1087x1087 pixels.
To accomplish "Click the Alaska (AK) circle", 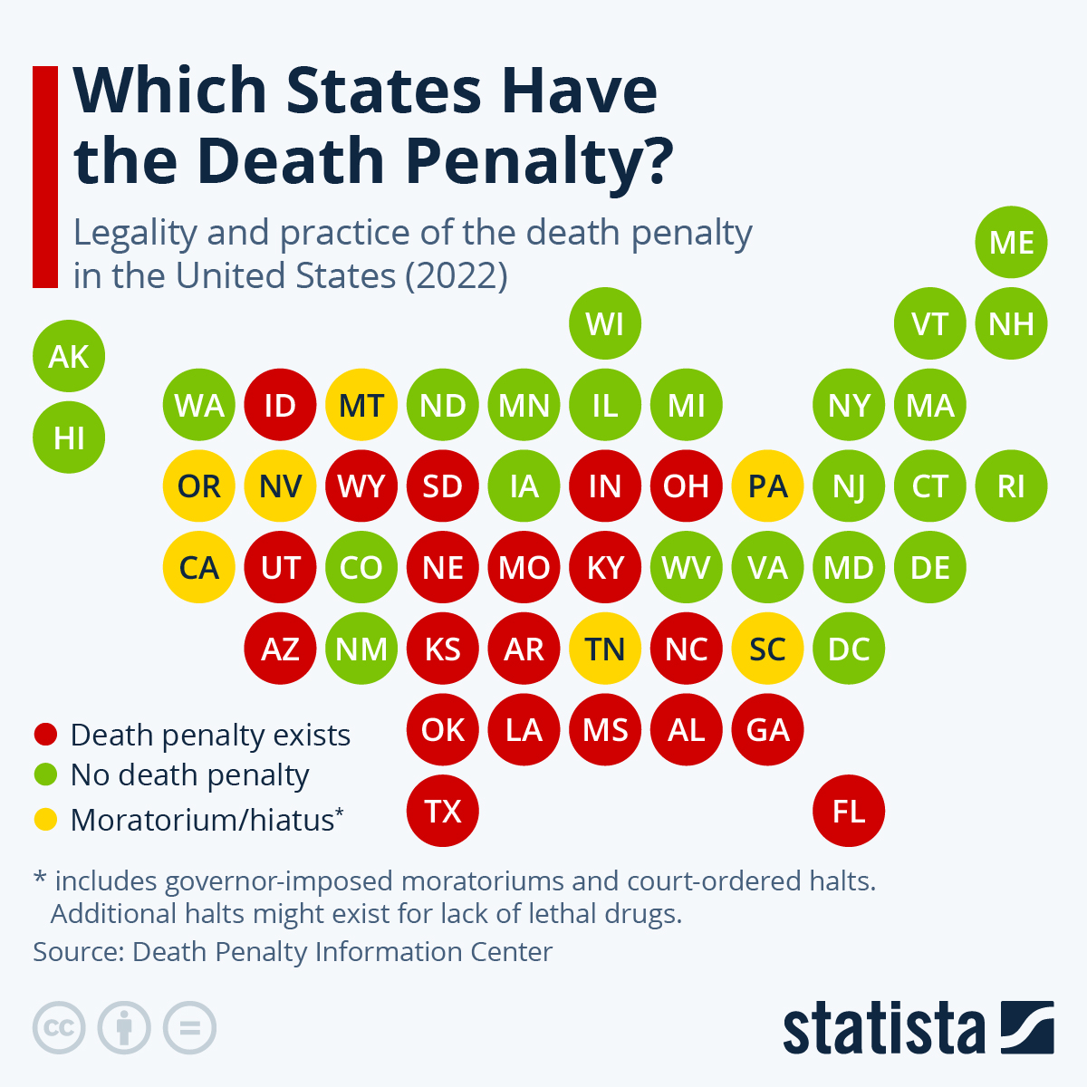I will [69, 356].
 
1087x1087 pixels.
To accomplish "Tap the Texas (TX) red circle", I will [443, 811].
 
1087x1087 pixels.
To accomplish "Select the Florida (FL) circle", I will [849, 811].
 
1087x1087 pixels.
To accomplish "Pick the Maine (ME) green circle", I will [1011, 243].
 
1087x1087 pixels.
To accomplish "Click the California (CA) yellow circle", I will [199, 568].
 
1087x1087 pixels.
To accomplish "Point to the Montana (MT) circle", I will [361, 405].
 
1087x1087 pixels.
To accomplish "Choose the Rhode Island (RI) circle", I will [1011, 486].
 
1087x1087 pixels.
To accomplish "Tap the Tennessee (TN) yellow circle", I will [605, 649].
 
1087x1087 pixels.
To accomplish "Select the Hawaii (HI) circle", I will [69, 438].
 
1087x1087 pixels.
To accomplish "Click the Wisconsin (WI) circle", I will [605, 323].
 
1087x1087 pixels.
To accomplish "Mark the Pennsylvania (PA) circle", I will [767, 486].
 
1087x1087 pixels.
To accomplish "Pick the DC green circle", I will [849, 649].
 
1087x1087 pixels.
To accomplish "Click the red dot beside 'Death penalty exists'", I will [45, 735].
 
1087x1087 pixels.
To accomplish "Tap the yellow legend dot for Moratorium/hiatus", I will [45, 820].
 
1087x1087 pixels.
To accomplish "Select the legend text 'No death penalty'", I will [190, 775].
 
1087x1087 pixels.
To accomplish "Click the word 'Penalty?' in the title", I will [539, 161].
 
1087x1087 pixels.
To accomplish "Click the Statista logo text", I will [883, 1028].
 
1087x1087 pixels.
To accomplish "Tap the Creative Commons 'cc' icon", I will [59, 1028].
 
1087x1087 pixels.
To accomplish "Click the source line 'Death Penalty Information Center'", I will [342, 952].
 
